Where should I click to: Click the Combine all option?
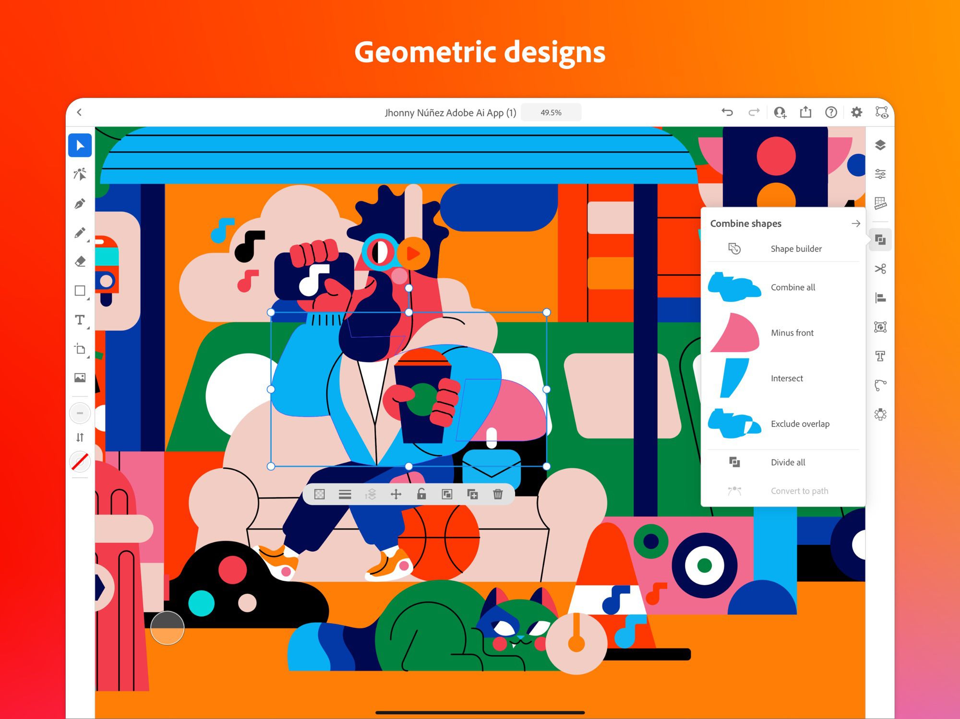[792, 287]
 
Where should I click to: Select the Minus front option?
[792, 333]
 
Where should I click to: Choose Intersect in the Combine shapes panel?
[787, 378]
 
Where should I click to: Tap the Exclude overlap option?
[800, 424]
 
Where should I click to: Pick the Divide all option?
[788, 462]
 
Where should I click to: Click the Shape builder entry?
[796, 249]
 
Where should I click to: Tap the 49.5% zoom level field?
[551, 113]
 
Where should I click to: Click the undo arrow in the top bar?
[727, 112]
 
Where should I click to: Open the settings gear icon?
[856, 112]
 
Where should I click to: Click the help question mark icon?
[831, 112]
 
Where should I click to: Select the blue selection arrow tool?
[80, 145]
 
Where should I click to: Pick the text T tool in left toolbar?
[80, 320]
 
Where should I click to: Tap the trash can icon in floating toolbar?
[498, 494]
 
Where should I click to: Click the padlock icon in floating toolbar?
[421, 494]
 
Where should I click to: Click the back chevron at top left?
[80, 112]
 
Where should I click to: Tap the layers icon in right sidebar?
[880, 145]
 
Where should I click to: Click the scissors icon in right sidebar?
[880, 269]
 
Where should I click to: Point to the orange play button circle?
[413, 253]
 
